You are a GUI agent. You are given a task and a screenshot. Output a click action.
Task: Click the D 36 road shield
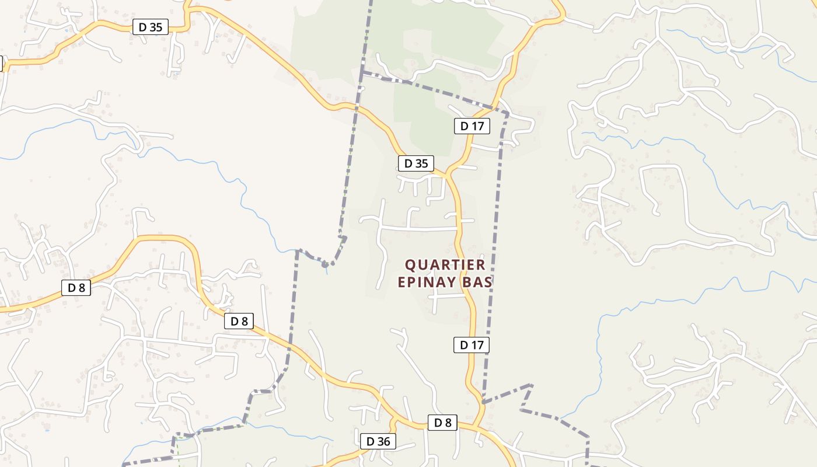378,441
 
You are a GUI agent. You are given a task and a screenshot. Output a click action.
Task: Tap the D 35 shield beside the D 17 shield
416,163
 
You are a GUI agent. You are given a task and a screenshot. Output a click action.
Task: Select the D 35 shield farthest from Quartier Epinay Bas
151,27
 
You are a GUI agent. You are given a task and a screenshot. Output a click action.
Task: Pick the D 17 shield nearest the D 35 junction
472,126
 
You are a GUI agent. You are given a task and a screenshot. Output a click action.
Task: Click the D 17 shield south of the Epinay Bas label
472,345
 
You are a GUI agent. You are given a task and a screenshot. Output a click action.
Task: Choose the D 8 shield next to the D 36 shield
442,423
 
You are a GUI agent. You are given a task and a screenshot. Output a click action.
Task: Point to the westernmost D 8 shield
76,287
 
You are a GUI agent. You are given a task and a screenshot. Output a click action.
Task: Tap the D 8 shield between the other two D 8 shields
239,321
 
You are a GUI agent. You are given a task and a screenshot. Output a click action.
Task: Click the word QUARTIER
445,265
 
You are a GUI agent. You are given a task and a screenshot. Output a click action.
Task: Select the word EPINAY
427,283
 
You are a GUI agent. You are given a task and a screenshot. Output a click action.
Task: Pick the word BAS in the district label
477,283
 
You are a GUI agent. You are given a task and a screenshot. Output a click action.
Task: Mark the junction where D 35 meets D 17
448,174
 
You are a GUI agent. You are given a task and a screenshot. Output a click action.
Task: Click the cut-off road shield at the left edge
1,64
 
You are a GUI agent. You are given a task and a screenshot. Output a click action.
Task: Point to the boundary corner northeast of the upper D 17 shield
508,113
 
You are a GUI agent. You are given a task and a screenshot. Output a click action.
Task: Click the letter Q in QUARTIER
411,265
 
